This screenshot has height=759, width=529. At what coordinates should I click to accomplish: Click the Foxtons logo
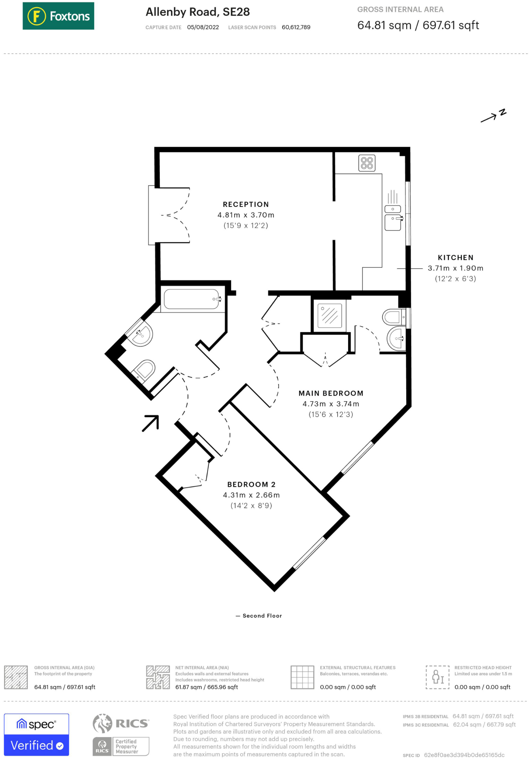click(58, 16)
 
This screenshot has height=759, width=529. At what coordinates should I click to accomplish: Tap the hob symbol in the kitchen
click(367, 163)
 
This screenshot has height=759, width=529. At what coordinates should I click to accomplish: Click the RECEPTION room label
click(246, 204)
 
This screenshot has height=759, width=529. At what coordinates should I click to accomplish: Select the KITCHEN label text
click(455, 258)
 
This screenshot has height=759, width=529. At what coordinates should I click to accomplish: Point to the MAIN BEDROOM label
click(331, 393)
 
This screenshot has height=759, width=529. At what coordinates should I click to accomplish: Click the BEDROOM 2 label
click(251, 484)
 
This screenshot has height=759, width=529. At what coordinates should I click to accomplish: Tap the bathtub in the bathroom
click(192, 299)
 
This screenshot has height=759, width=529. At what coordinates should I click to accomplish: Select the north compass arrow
click(493, 116)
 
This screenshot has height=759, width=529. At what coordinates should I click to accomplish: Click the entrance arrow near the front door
click(151, 423)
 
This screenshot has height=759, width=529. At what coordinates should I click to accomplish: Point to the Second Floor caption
click(262, 616)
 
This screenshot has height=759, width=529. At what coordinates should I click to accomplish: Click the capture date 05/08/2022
click(203, 27)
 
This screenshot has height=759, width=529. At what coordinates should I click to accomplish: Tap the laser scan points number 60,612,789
click(296, 27)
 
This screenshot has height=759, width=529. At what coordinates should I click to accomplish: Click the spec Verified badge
click(36, 734)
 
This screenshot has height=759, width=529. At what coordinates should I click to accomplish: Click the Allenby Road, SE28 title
click(198, 12)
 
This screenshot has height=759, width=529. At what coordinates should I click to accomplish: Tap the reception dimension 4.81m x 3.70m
click(246, 215)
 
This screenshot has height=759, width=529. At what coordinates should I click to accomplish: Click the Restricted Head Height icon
click(437, 677)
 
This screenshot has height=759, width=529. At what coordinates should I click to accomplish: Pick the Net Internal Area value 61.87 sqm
click(206, 687)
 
